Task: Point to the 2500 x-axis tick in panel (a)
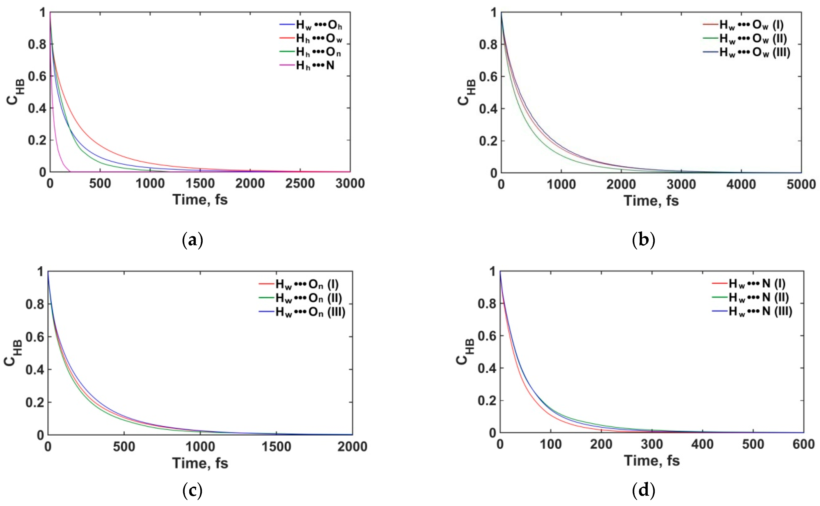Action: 300,183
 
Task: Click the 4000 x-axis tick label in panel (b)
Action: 741,184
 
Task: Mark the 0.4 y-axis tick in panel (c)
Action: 35,370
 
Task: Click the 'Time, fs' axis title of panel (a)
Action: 200,200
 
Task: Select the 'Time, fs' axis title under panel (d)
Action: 652,461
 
